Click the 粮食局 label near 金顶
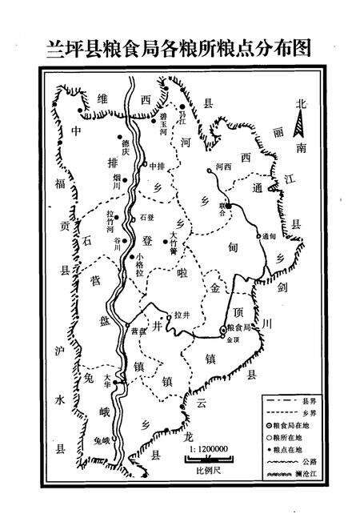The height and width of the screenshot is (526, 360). pyautogui.click(x=240, y=328)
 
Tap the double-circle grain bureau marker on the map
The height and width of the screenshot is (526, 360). pyautogui.click(x=223, y=330)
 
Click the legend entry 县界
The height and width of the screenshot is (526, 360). pyautogui.click(x=300, y=399)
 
